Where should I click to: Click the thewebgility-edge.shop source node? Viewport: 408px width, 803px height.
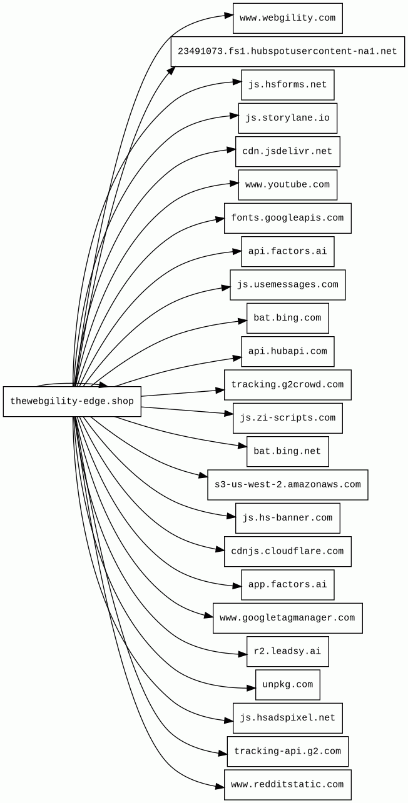point(72,401)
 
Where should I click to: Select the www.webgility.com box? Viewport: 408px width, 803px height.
point(287,18)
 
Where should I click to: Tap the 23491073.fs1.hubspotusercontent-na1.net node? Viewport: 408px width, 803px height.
point(287,52)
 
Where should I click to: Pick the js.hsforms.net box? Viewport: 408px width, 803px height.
point(287,85)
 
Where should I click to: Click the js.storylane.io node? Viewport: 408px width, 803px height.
point(287,118)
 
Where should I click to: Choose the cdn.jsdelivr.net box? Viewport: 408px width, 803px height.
point(287,151)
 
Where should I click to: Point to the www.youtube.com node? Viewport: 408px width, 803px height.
point(287,185)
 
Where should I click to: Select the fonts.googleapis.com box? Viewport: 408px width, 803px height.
point(287,218)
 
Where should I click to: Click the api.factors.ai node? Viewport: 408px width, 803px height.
point(287,251)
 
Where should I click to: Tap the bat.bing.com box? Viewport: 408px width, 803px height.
point(287,318)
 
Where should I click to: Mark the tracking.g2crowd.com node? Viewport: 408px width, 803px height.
point(287,385)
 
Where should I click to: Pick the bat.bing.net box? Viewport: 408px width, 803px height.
point(287,451)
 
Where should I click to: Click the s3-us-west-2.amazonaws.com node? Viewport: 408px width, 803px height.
point(287,485)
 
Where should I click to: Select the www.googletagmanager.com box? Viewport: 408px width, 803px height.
point(287,618)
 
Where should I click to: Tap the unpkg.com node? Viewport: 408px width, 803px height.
point(287,685)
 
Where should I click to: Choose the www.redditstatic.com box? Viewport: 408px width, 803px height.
point(287,785)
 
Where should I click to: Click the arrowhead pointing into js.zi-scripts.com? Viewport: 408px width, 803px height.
point(228,414)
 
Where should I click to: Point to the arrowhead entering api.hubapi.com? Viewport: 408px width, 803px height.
point(237,359)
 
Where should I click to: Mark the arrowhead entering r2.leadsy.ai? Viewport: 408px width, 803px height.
point(242,654)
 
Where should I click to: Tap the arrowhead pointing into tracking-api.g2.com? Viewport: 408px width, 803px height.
point(223,754)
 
